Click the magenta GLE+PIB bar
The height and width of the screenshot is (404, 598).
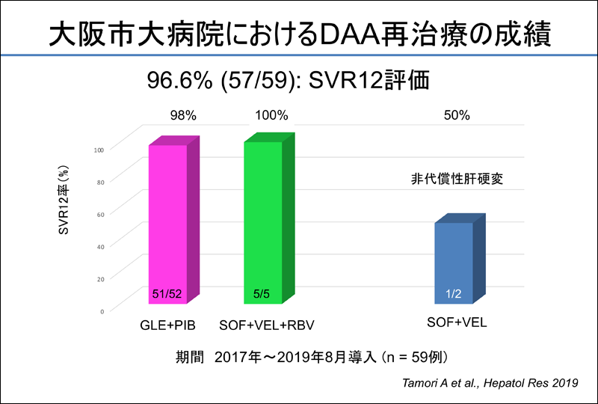(x=167, y=224)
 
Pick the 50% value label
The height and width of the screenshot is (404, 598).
(x=457, y=116)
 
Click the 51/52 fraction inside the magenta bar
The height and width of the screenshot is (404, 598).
(x=167, y=293)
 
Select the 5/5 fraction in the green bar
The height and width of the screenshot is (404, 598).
(x=262, y=293)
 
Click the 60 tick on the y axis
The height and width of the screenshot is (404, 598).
(x=100, y=214)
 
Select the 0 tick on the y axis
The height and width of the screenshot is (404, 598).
(x=102, y=310)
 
